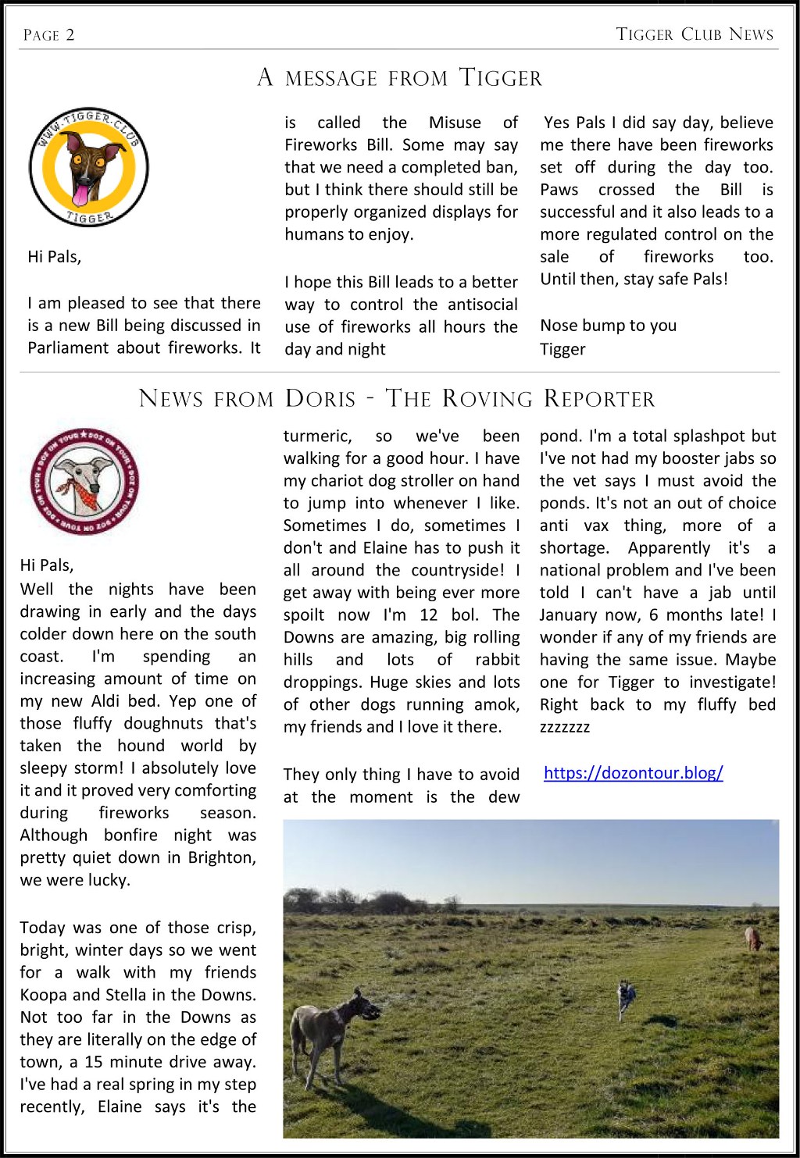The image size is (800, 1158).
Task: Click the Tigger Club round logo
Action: [x=88, y=167]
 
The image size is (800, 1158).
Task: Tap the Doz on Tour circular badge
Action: [x=84, y=480]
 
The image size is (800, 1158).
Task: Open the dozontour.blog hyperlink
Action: [x=633, y=773]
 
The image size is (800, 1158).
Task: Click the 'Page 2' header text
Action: [x=48, y=35]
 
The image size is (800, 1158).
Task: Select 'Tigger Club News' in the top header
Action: [x=695, y=34]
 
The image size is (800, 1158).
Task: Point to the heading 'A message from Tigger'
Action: [x=399, y=78]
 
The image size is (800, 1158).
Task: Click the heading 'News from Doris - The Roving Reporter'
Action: [x=397, y=398]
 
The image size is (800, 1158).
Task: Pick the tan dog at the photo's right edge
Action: [x=753, y=937]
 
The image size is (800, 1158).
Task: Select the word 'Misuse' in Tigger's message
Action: [x=455, y=123]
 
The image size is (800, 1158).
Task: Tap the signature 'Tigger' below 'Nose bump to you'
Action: [x=562, y=349]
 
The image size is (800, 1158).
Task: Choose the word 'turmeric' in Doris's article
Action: [x=317, y=436]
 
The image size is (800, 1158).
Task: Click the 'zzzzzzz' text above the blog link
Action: [x=565, y=727]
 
